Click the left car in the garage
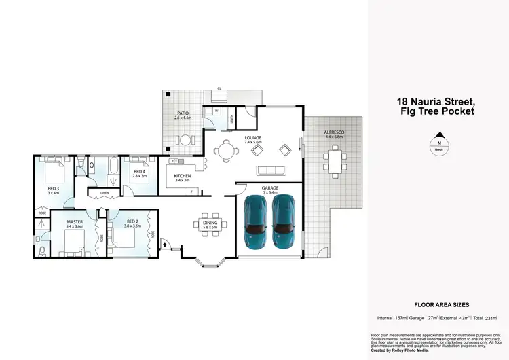[x=254, y=221]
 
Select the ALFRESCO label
[x=334, y=132]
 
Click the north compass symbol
[x=439, y=143]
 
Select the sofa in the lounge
[x=269, y=169]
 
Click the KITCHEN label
[x=183, y=177]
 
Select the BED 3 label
[x=53, y=189]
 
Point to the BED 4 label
[x=139, y=171]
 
